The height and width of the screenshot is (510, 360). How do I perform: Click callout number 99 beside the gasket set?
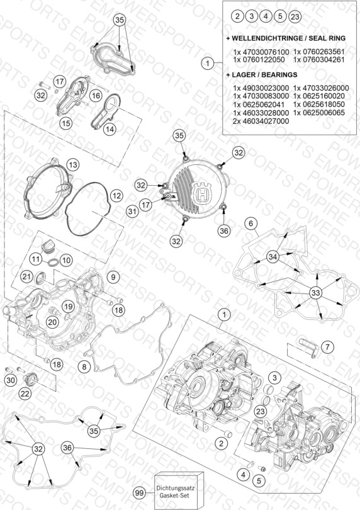pos(139,493)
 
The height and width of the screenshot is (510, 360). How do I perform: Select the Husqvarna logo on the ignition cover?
pos(203,194)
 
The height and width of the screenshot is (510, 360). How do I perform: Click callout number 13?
pos(73,165)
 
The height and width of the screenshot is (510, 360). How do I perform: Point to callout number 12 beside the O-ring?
pos(116,196)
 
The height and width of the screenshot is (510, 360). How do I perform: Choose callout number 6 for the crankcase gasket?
pos(250,224)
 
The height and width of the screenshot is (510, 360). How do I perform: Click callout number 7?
pos(327,347)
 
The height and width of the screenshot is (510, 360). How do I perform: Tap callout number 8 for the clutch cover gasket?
pos(84,367)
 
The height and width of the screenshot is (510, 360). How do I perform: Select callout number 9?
pos(113,277)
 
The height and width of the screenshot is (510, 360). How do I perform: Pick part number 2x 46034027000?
pos(261,121)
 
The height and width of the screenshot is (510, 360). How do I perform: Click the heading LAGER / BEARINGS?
pos(264,75)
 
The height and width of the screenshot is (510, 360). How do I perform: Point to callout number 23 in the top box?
pos(295,16)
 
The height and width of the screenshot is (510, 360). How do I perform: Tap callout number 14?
pos(110,130)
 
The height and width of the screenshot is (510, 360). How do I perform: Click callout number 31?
pos(132,212)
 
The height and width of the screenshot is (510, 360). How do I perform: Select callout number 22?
pos(25,394)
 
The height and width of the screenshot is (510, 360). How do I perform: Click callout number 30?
pos(11,380)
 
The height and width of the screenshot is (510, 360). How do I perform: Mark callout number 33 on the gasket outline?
pos(315,293)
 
